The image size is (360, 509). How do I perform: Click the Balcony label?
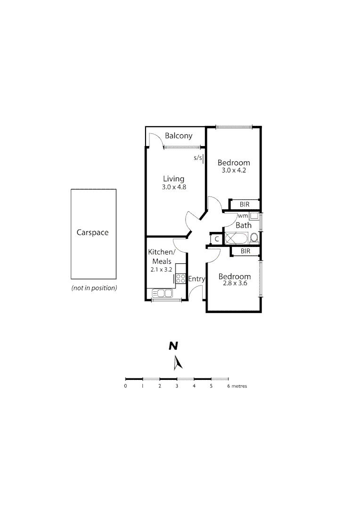[x=179, y=136]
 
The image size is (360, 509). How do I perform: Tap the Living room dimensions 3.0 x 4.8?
[x=173, y=187]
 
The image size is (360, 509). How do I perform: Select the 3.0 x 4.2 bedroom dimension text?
[x=234, y=170]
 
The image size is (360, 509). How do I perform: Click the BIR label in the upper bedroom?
[x=244, y=205]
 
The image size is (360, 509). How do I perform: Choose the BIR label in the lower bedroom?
[x=245, y=251]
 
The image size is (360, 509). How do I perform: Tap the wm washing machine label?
[x=243, y=216]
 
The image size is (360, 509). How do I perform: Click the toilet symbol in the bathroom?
[x=254, y=238]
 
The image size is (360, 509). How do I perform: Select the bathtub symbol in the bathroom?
[x=237, y=238]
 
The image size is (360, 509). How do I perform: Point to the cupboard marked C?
[x=216, y=239]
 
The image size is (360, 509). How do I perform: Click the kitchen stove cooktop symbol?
[x=180, y=278]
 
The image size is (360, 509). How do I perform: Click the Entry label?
[x=196, y=279]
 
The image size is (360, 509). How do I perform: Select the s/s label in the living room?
[x=197, y=158]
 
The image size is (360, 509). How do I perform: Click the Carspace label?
[x=92, y=232]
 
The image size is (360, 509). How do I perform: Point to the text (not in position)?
[x=94, y=288]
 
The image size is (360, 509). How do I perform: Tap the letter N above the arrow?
[x=174, y=346]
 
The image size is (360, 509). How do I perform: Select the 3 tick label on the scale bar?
[x=177, y=386]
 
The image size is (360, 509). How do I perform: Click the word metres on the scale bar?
[x=240, y=386]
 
